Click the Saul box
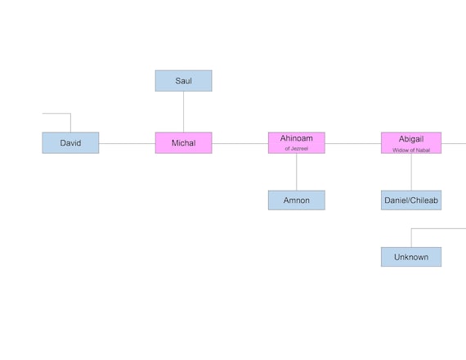pos(183,80)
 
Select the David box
pos(70,143)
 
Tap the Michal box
pos(183,143)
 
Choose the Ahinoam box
pos(296,139)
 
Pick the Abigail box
pos(410,139)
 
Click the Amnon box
pos(296,200)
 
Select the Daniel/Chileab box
pos(410,200)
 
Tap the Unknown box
pos(410,257)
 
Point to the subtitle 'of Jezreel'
pos(296,149)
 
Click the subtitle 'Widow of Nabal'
pos(410,150)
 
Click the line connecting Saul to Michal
pos(183,111)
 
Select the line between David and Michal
pos(127,143)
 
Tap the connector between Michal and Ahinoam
pos(240,143)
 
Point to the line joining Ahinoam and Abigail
pos(352,143)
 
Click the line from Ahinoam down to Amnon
pos(296,172)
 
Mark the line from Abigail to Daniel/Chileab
pos(411,172)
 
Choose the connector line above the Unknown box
pos(411,237)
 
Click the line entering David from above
pos(70,123)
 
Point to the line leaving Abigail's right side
pos(454,143)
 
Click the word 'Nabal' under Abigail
pos(422,150)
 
